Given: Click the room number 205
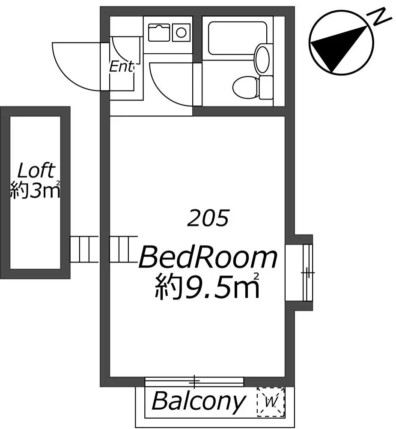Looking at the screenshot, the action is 208,218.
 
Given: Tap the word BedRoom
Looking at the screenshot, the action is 208,257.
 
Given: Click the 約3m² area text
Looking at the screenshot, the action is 35,190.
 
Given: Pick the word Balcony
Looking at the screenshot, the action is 199,401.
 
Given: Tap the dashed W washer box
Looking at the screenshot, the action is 271,402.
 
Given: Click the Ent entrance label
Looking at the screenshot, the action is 122,66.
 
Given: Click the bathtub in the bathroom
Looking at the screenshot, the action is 237,38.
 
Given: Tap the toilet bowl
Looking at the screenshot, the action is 245,87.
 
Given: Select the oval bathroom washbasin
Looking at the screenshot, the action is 262,59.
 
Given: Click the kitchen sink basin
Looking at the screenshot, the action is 159,33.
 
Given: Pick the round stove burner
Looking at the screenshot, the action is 181,33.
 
